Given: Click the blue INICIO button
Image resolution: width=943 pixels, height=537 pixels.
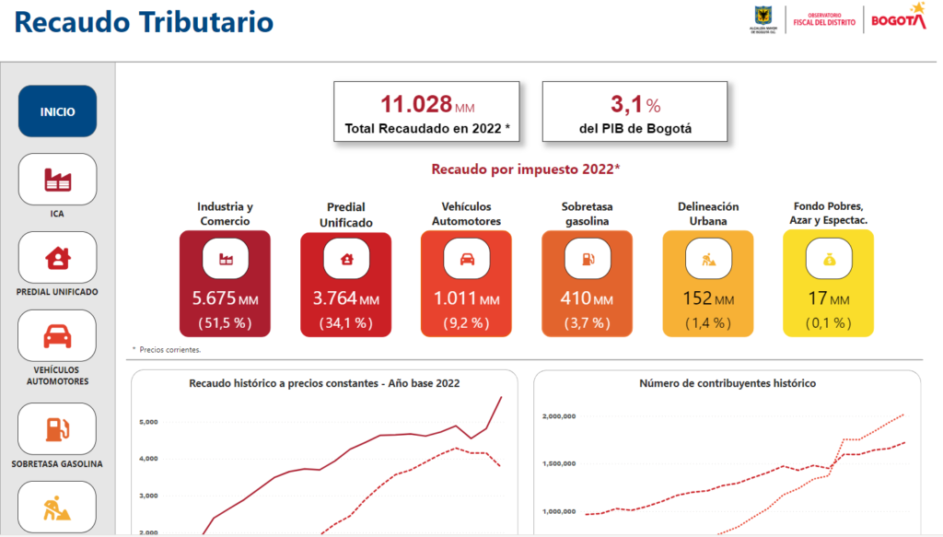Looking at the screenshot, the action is click(x=57, y=111).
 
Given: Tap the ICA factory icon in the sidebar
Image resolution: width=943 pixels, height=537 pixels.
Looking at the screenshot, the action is click(x=58, y=180).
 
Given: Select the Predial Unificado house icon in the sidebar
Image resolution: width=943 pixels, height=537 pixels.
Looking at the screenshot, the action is click(x=58, y=257).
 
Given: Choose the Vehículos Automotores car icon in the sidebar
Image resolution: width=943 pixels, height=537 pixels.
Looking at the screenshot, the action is click(x=57, y=336).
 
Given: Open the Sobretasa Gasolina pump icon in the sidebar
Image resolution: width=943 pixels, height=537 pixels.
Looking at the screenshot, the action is click(x=58, y=429).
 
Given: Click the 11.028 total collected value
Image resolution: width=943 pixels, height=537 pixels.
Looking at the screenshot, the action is click(x=416, y=104).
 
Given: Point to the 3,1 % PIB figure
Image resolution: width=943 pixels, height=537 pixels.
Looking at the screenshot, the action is click(x=635, y=105).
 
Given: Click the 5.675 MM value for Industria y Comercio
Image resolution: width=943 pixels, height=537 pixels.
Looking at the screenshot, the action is click(x=225, y=298).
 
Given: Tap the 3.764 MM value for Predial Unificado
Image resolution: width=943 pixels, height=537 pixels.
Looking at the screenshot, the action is click(x=346, y=298).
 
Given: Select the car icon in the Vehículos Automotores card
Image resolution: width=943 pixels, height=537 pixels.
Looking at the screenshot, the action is click(x=467, y=259).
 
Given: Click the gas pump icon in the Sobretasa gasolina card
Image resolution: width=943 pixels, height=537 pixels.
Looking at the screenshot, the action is click(x=588, y=259).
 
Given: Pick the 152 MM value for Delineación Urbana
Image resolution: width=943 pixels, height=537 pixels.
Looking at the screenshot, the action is click(x=708, y=298).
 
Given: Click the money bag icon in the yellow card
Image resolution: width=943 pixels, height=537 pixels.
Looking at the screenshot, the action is click(x=830, y=259).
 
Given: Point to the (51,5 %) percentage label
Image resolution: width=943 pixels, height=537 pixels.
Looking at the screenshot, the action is click(x=225, y=323).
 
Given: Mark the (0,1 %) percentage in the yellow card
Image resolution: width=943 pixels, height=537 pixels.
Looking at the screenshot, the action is click(x=829, y=323).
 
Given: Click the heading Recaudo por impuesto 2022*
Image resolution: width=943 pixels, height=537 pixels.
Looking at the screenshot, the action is click(x=526, y=169).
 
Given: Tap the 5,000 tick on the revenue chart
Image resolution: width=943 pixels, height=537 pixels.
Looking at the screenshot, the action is click(x=148, y=422).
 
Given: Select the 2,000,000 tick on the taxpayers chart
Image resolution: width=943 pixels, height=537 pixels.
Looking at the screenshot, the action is click(x=559, y=416).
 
